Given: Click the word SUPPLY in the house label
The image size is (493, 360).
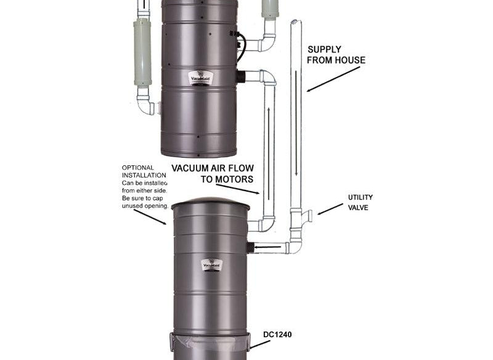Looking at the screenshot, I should coord(324,49).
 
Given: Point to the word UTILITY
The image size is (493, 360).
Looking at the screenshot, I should coord(361,197).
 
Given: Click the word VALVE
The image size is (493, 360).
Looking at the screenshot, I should coord(357,208).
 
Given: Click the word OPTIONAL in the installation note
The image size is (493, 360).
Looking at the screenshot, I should coord(138,168).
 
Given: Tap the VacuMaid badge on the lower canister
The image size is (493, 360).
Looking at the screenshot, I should coord(213,265).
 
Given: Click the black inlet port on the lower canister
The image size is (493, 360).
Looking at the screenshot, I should coord(250,248).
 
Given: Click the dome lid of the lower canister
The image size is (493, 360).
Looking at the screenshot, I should coord(210,204).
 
